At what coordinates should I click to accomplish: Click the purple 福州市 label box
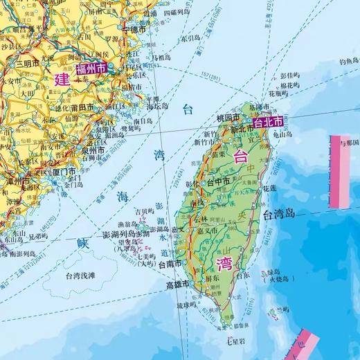tap(92, 69)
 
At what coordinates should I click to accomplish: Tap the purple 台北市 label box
tap(269, 122)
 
